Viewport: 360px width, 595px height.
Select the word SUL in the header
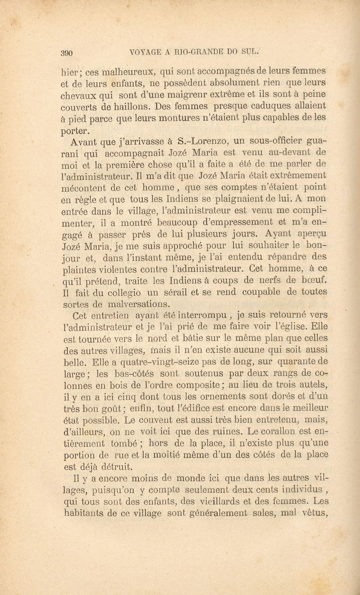point(249,52)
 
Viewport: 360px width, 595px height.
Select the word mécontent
point(83,188)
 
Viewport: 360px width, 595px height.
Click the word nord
point(157,339)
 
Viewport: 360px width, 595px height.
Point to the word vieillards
point(221,501)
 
